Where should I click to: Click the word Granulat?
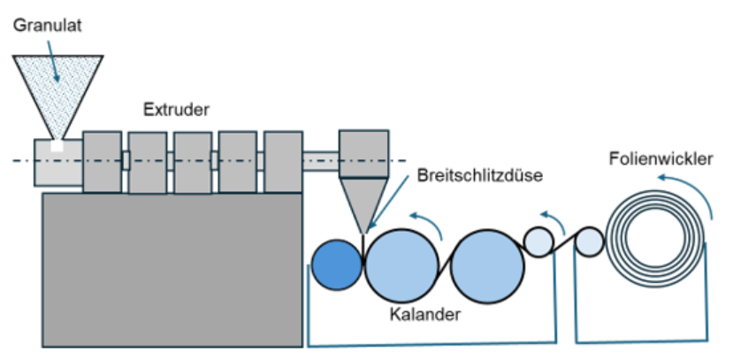tap(47, 26)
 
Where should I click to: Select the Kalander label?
tap(416, 314)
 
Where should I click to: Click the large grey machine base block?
tap(173, 270)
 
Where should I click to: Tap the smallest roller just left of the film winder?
tap(589, 241)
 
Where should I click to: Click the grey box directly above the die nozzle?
tap(363, 151)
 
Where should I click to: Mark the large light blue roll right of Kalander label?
tap(487, 264)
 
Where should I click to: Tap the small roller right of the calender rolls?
tap(539, 240)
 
